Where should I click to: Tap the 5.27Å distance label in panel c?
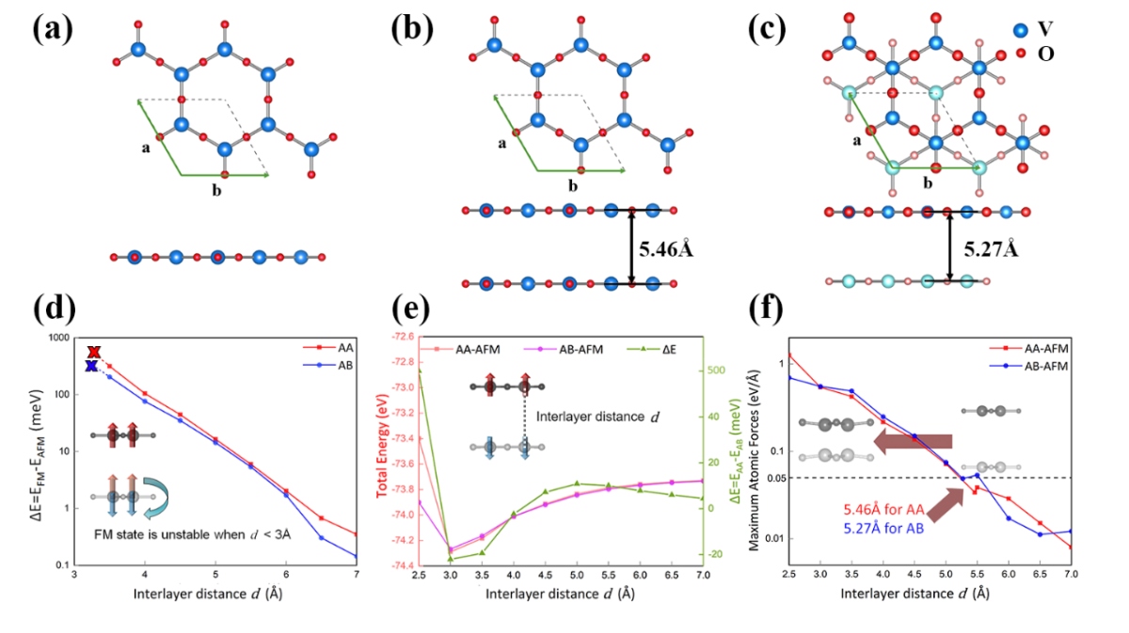coord(992,250)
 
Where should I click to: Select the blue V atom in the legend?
coord(1020,30)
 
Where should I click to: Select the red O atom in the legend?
coord(1020,54)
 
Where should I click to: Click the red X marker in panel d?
coord(93,352)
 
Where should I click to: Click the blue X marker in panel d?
coord(91,366)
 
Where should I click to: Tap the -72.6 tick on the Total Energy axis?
coord(398,336)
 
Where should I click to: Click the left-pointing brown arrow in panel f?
coord(913,441)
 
